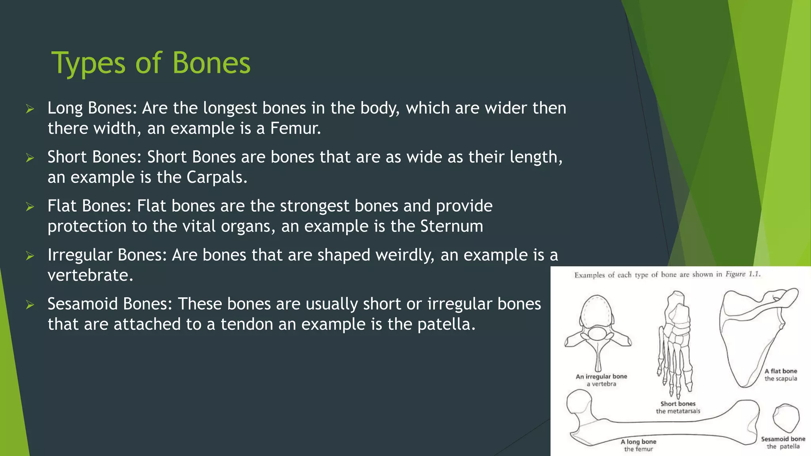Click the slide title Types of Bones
151,63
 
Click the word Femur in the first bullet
295,128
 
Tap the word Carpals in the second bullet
217,177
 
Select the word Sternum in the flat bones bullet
451,226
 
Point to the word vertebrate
90,275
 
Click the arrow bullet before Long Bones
30,109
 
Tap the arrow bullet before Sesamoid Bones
30,305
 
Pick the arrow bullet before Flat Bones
30,207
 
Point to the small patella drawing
786,418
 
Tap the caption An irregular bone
601,376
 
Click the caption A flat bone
781,371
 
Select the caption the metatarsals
678,411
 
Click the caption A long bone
638,441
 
